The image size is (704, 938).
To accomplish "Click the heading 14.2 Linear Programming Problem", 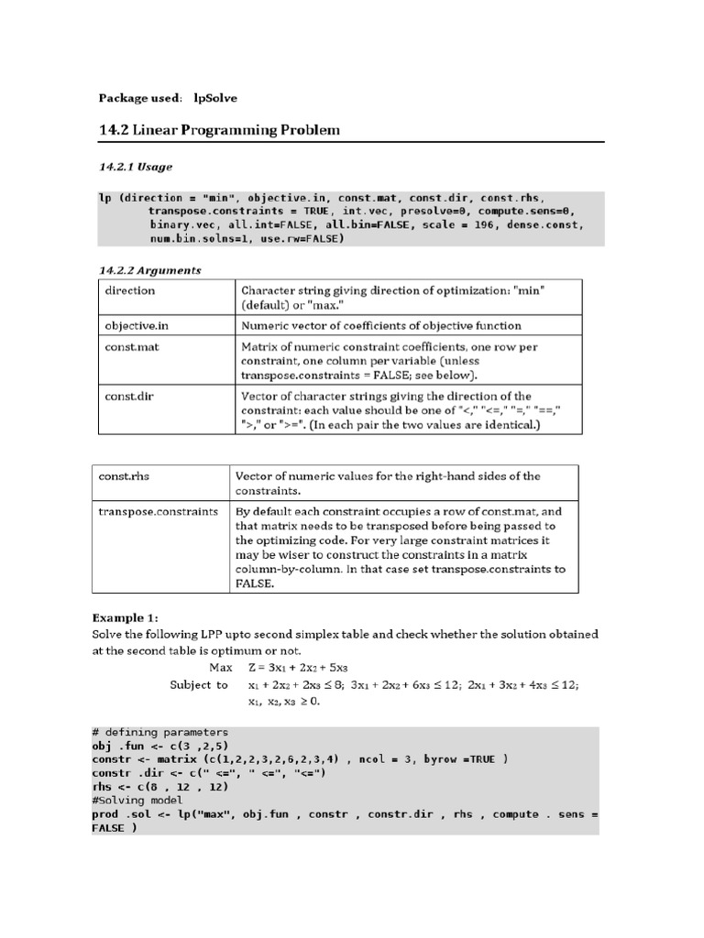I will pos(218,130).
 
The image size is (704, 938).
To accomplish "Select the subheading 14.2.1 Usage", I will pos(135,167).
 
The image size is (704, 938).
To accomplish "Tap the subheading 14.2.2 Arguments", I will pos(149,270).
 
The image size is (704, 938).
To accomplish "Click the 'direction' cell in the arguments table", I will pos(130,290).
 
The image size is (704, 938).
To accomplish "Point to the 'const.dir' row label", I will pos(126,397).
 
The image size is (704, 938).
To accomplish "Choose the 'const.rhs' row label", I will pos(126,476).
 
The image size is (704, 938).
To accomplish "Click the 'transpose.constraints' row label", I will pos(158,511).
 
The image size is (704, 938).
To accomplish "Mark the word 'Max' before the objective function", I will pos(221,667).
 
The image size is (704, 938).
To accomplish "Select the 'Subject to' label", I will pos(199,684).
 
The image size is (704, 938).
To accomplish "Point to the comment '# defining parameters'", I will pos(159,733).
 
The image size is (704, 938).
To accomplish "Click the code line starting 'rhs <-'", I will pos(147,786).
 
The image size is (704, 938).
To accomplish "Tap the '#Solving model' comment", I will pos(137,799).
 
